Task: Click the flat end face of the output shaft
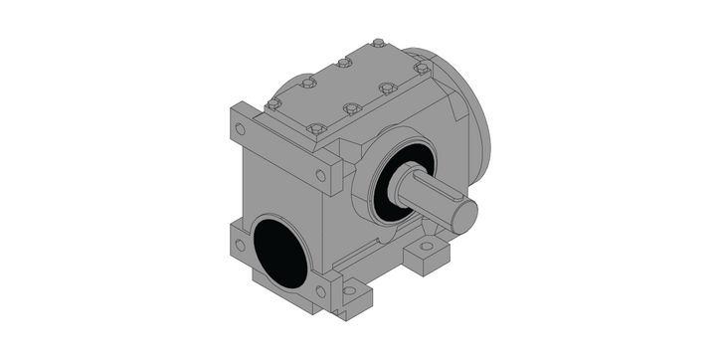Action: pos(466,212)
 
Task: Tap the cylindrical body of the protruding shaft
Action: pos(429,194)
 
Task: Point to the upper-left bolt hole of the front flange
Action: pos(239,128)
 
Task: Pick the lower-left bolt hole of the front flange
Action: pos(239,244)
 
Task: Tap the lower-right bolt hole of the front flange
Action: pos(320,291)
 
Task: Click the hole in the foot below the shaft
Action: pos(427,245)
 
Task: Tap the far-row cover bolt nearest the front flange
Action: pos(274,102)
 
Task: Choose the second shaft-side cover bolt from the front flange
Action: pos(350,108)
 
